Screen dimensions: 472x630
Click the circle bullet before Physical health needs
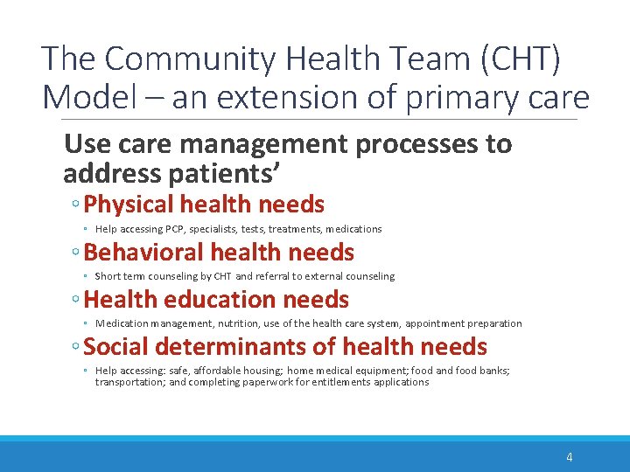pos(77,206)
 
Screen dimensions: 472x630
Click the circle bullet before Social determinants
pos(77,349)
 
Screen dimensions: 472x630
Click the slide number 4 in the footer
pos(570,456)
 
